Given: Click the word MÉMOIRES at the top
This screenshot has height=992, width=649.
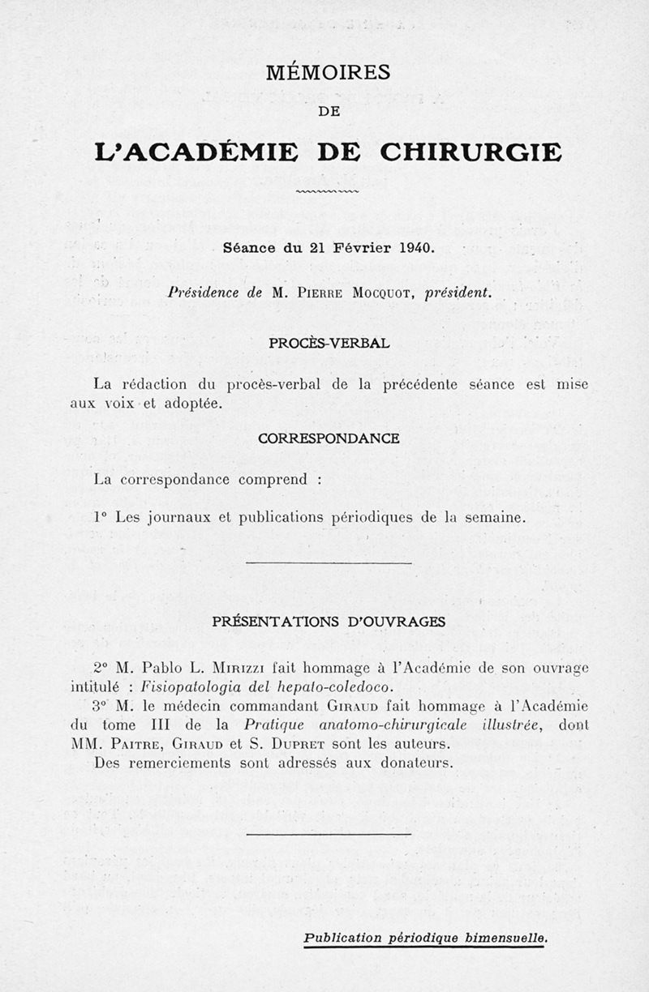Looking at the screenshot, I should (x=329, y=73).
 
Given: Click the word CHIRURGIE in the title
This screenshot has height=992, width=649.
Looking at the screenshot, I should (x=471, y=151).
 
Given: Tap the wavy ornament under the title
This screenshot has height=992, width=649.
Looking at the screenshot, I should (x=329, y=192).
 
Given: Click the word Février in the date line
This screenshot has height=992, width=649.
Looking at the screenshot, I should (x=361, y=249).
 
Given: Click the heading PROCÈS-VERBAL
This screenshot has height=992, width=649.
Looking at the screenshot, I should (x=329, y=343).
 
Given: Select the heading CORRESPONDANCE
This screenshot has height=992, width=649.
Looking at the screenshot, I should (x=329, y=438).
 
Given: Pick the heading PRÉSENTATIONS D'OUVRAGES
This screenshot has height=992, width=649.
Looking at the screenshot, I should (x=329, y=622).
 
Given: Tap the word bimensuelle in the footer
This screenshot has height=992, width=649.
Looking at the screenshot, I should (x=507, y=938).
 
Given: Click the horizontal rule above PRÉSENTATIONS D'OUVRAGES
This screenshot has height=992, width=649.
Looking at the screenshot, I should (x=329, y=562).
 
